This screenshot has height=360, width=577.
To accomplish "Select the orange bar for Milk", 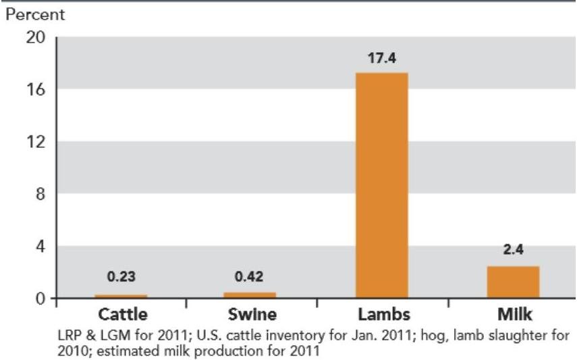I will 513,282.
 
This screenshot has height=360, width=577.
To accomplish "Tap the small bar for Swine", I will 250,294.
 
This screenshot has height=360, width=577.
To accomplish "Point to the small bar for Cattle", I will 121,296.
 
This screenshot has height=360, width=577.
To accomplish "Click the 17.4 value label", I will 381,59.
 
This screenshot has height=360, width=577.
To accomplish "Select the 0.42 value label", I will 250,276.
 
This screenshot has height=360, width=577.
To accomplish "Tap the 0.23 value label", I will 121,276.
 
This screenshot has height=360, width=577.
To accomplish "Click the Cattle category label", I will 122,315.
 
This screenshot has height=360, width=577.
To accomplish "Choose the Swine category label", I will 250,315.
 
